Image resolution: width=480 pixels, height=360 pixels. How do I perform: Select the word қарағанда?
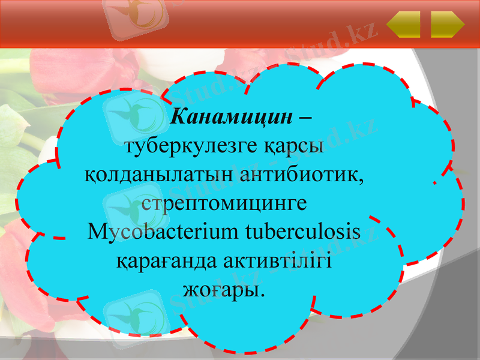[x=160, y=261]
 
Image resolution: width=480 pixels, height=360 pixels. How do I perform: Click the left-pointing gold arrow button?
[x=403, y=25]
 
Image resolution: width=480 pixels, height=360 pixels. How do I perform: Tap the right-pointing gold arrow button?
[x=448, y=25]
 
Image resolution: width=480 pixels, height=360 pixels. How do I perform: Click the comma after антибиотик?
[x=363, y=181]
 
